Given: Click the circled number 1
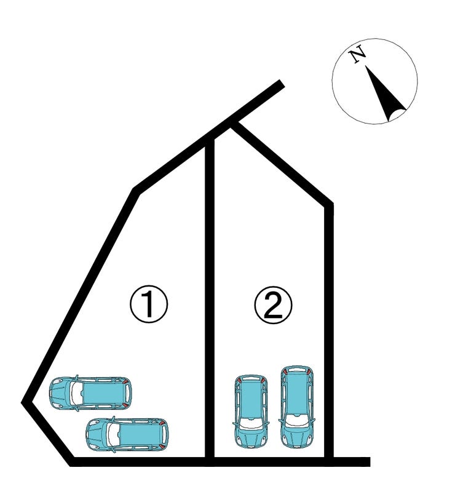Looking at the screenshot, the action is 149,304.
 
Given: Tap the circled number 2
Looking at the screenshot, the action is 274,305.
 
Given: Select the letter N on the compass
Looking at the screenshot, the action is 357,54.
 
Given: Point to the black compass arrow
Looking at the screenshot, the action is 385,93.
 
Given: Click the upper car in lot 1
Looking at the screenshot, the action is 90,393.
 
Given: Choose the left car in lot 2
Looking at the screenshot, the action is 251,411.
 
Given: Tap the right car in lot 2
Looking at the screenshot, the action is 297,407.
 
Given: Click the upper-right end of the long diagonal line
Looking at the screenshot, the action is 282,83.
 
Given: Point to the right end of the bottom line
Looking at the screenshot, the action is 370,461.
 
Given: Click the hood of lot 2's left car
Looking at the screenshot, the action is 251,437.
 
